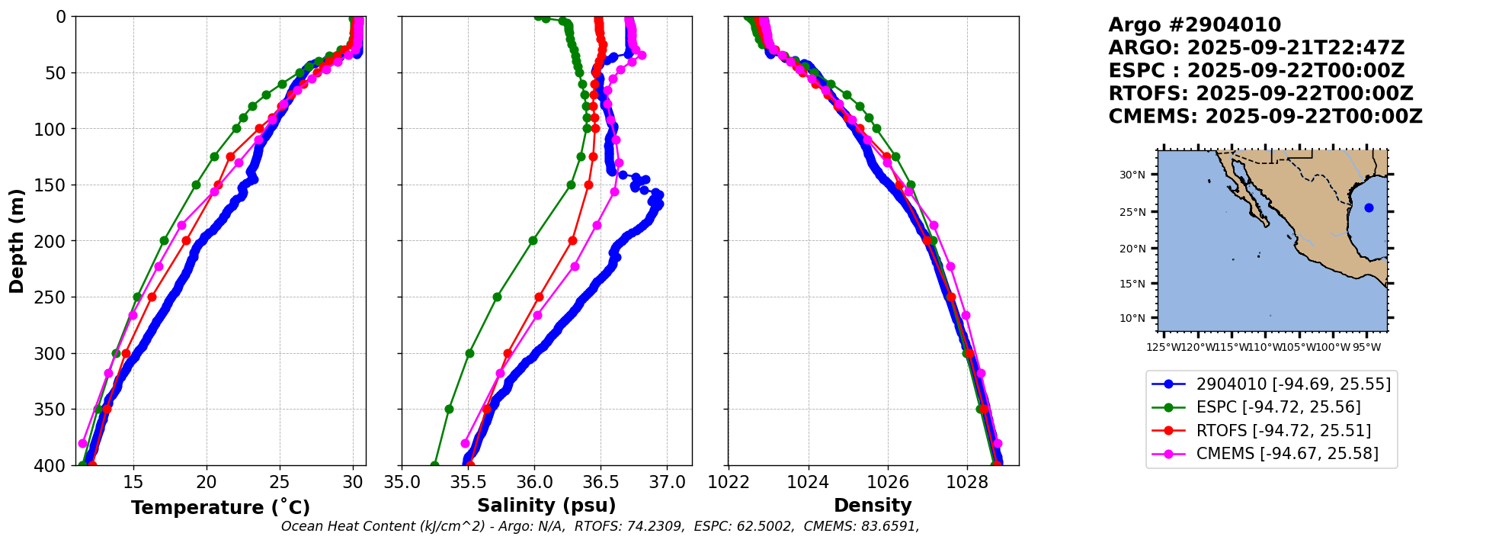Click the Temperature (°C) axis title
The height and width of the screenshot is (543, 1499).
[x=220, y=507]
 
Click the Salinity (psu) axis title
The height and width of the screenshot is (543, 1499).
[x=546, y=506]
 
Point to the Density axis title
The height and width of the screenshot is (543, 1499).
[x=873, y=506]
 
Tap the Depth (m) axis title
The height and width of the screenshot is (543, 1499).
[x=17, y=241]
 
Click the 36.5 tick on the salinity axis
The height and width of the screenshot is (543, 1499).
[x=600, y=482]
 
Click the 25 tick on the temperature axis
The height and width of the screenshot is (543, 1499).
[x=280, y=482]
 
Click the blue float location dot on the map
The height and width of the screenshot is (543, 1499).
[x=1369, y=207]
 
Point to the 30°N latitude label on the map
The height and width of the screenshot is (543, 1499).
[x=1132, y=175]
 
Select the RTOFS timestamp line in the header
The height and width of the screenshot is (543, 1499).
[x=1260, y=94]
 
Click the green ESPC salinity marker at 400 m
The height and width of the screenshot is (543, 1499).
[x=434, y=464]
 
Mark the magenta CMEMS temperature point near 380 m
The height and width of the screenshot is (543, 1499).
[x=83, y=443]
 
